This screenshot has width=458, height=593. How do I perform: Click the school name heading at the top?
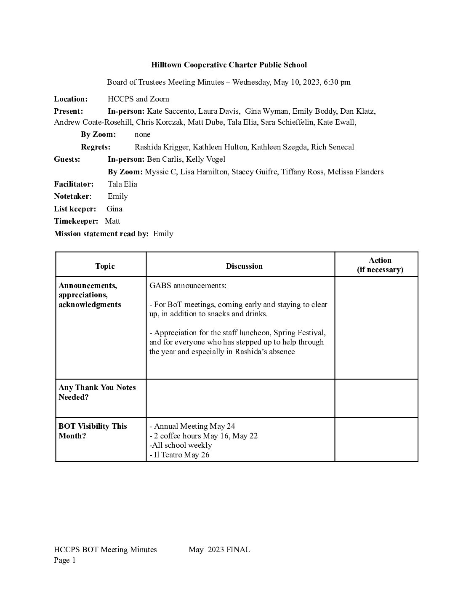[229, 65]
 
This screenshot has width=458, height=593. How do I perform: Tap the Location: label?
[71, 99]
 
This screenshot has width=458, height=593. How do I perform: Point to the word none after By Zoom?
[142, 134]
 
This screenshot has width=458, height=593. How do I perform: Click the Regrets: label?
[96, 147]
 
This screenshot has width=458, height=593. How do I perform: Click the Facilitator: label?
[74, 184]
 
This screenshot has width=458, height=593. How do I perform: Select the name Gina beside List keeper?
[114, 208]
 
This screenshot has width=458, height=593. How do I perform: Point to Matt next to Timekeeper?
[112, 221]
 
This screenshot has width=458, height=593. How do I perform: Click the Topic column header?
[105, 266]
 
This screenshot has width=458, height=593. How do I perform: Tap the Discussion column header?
[244, 266]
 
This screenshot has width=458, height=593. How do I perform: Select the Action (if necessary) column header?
[380, 265]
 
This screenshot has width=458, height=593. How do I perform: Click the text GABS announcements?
[188, 286]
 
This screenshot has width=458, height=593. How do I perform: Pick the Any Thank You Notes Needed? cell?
[97, 392]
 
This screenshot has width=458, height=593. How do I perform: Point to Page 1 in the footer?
[65, 560]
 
